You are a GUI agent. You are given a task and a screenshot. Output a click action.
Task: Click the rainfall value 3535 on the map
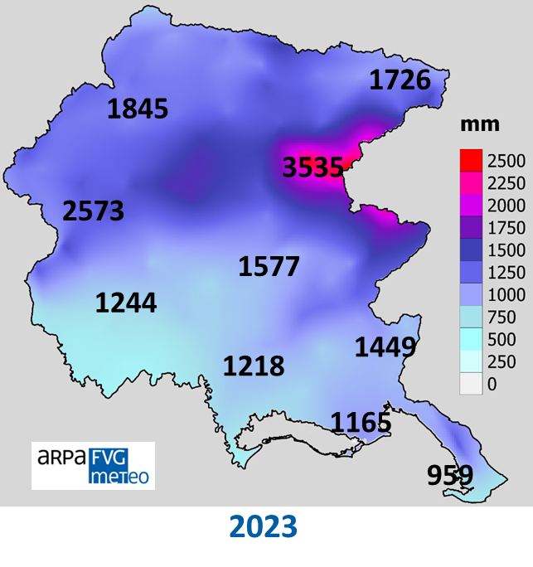pos(313,167)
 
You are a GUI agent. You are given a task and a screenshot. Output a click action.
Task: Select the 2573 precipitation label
pos(93,211)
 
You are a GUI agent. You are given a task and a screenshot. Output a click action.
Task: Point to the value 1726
pos(400,80)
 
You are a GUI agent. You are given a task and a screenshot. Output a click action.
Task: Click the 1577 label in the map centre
pos(269,266)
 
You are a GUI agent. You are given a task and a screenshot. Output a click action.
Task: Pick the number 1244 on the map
pos(126,303)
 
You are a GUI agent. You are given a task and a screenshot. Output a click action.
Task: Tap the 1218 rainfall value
pos(253,366)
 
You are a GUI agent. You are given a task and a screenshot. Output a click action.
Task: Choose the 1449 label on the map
pos(385,347)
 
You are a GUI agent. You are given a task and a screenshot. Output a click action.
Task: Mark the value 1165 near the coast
pos(361,422)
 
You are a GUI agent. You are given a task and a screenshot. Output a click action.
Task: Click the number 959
pos(449,475)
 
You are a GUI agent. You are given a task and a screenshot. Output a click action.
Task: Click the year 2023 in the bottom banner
pos(263,526)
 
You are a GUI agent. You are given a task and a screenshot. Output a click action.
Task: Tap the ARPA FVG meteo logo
pos(93,465)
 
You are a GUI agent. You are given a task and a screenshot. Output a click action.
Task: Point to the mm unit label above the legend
pos(480,124)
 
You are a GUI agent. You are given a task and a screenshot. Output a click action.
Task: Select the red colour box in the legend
pos(471,159)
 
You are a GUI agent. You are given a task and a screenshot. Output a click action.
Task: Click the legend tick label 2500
pos(506,160)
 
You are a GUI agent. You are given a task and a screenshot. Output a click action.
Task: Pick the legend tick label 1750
pos(506,228)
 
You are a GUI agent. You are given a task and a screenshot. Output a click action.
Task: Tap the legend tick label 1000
pos(506,295)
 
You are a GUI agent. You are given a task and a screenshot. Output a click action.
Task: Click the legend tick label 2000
pos(506,206)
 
